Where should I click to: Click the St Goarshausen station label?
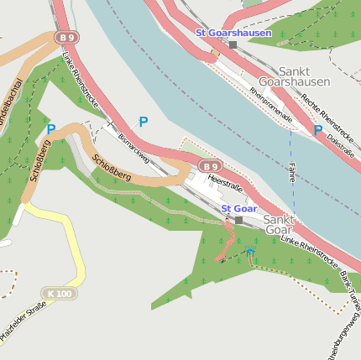(x=233, y=33)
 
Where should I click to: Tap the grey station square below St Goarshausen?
(x=233, y=44)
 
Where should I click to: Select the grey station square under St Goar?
(x=238, y=220)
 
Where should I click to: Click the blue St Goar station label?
(x=239, y=208)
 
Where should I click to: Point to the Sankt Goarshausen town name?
(x=294, y=77)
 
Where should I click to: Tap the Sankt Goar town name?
(x=278, y=224)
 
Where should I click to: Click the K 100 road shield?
(x=60, y=294)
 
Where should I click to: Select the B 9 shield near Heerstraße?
(x=211, y=165)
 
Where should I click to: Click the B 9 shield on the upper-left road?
(x=66, y=37)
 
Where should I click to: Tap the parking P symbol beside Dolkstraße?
(x=317, y=130)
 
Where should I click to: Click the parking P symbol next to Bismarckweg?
(x=144, y=123)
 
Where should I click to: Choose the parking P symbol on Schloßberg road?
(x=51, y=129)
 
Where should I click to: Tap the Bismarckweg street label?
(x=133, y=147)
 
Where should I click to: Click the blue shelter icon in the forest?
(x=249, y=252)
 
